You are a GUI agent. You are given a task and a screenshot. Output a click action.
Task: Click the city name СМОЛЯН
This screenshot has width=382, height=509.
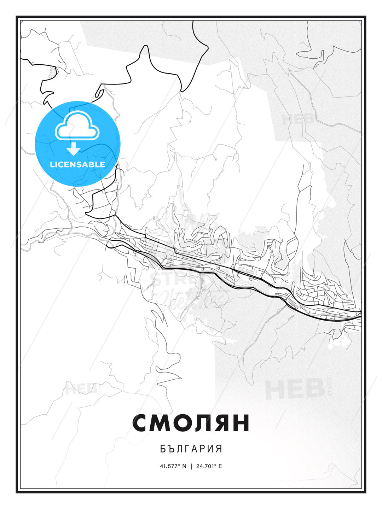191,423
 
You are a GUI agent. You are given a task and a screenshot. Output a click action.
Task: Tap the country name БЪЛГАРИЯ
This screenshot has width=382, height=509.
191,449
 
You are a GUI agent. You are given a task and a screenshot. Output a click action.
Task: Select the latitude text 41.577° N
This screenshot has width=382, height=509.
173,466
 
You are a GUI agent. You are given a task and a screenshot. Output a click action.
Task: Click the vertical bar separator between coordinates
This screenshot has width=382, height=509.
191,466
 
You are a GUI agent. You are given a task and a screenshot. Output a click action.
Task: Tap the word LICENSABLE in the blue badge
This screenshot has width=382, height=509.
77,164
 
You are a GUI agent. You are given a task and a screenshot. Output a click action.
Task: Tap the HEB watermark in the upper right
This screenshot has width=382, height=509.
297,119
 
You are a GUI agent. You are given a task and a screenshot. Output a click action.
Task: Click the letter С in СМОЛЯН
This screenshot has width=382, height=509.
141,423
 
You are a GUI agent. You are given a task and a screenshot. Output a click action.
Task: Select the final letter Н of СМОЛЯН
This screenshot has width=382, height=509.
241,423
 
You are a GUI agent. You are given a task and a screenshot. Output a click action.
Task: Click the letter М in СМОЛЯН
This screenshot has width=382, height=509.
162,423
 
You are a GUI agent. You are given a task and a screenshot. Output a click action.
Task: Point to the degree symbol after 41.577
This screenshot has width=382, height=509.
179,465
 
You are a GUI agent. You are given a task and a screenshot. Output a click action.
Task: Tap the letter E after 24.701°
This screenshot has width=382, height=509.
220,466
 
